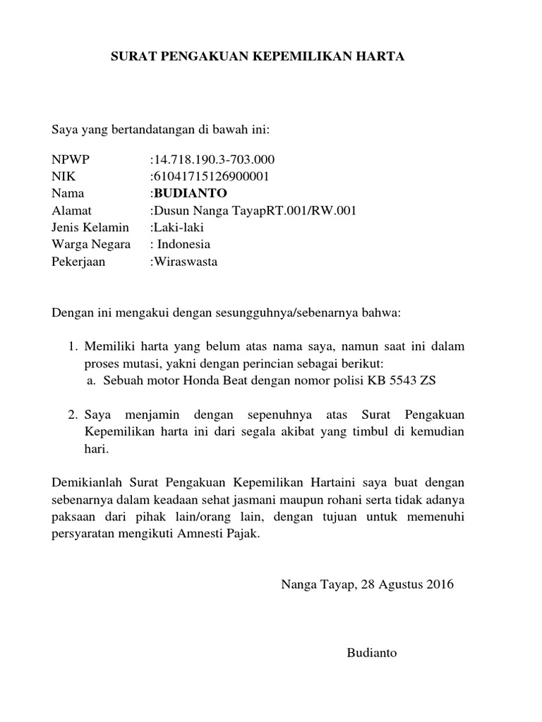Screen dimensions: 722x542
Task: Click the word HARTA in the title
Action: point(385,58)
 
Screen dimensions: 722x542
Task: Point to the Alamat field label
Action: point(72,210)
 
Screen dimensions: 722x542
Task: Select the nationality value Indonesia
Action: point(183,245)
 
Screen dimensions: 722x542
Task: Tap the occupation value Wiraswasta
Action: point(186,262)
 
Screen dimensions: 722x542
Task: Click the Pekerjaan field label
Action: point(78,262)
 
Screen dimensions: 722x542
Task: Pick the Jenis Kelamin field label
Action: point(90,227)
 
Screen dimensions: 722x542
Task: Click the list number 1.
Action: point(72,347)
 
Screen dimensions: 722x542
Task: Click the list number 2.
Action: point(72,414)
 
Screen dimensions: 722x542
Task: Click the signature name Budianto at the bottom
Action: point(372,653)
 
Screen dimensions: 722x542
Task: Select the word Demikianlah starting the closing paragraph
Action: point(88,482)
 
